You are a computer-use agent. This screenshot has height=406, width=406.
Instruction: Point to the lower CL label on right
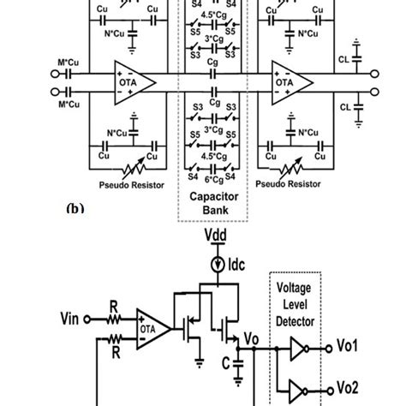344,108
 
